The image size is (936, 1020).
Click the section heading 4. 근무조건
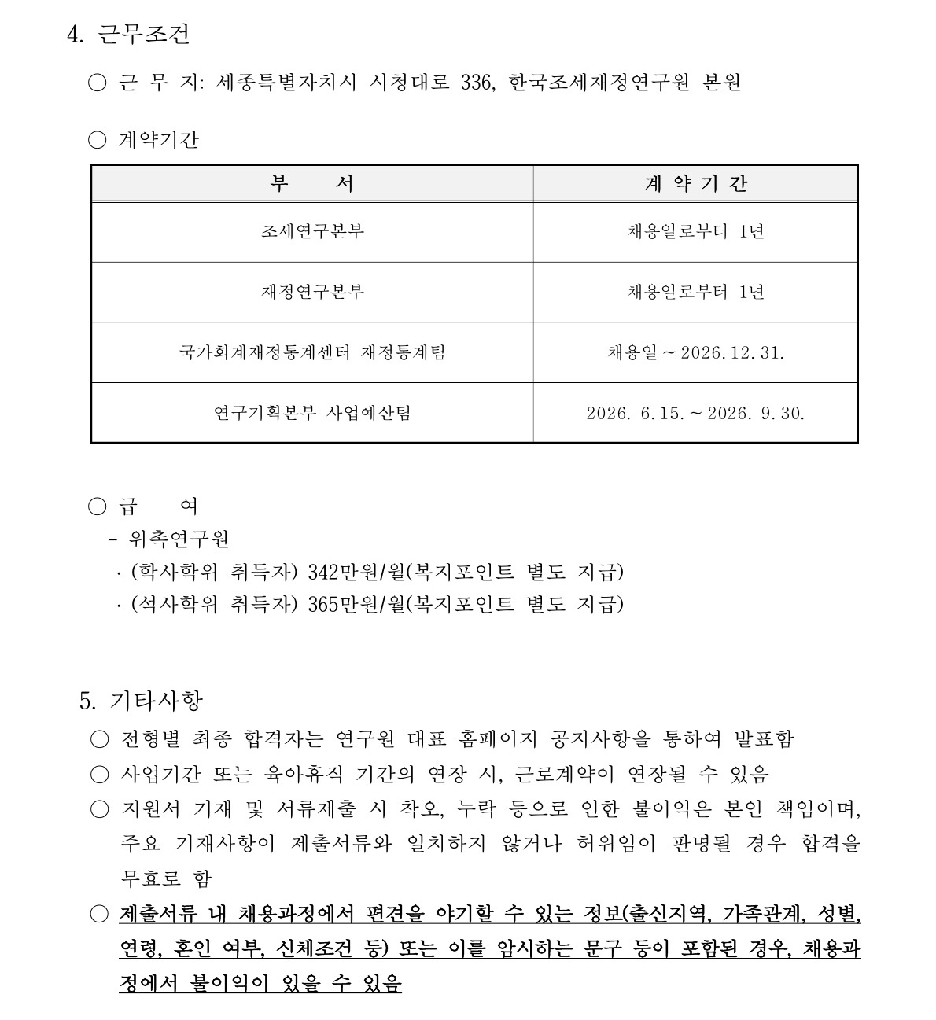(128, 34)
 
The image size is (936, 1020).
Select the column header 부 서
(312, 184)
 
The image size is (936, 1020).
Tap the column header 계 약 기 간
(695, 184)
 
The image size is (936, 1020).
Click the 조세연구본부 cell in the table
(312, 232)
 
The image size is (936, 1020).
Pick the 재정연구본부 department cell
(312, 293)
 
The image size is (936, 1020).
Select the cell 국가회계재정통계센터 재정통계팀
(312, 352)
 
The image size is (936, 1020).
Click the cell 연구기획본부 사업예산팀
(312, 413)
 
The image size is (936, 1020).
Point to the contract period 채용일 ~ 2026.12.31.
(695, 352)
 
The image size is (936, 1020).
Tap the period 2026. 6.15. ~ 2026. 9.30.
(695, 413)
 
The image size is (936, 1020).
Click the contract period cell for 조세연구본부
(695, 232)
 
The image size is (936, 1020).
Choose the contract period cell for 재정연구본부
(695, 293)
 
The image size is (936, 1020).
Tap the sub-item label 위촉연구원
(179, 539)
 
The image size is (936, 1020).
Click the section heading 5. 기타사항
(142, 699)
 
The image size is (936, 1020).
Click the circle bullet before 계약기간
(98, 140)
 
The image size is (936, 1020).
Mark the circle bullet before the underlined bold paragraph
(99, 914)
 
